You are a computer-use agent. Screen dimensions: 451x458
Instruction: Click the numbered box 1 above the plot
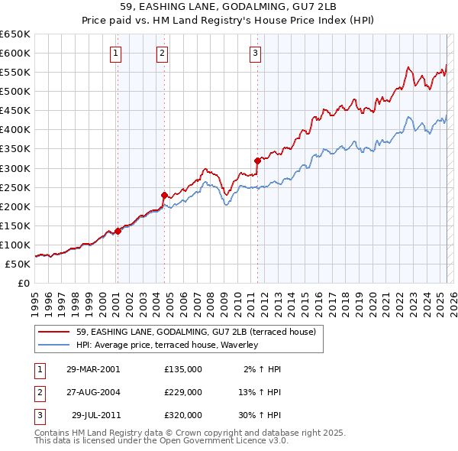pyautogui.click(x=115, y=53)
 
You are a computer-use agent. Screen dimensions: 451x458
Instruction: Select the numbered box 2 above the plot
pyautogui.click(x=163, y=53)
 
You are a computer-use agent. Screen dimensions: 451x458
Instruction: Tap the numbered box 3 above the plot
pyautogui.click(x=255, y=53)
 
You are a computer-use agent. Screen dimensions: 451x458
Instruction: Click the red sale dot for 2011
pyautogui.click(x=257, y=161)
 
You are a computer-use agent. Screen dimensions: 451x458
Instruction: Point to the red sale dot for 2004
pyautogui.click(x=164, y=195)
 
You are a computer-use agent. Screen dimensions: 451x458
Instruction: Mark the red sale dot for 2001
pyautogui.click(x=118, y=231)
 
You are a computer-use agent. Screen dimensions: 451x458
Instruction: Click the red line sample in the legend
pyautogui.click(x=53, y=331)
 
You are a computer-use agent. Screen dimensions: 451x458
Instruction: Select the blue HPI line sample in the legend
pyautogui.click(x=53, y=345)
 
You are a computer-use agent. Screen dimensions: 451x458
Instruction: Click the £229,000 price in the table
pyautogui.click(x=182, y=392)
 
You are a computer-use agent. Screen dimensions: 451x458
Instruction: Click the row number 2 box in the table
pyautogui.click(x=40, y=392)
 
